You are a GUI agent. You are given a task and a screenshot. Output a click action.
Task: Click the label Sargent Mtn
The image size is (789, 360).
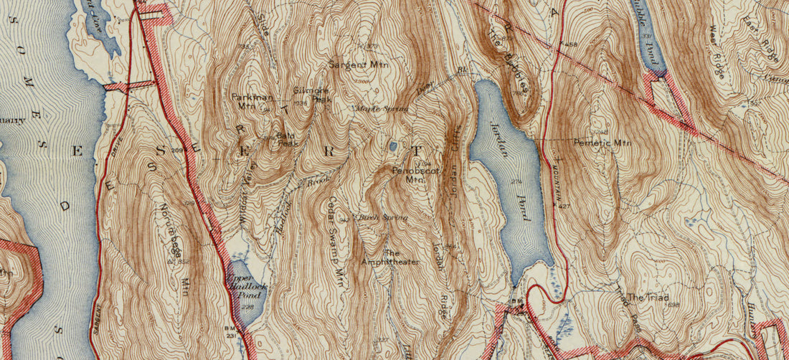(x=357, y=64)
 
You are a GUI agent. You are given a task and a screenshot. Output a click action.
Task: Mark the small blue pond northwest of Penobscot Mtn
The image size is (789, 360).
(x=392, y=146)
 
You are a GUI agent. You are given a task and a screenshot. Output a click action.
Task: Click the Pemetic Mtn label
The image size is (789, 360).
(x=602, y=143)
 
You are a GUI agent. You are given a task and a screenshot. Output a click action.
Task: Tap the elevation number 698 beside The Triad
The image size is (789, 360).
(x=673, y=305)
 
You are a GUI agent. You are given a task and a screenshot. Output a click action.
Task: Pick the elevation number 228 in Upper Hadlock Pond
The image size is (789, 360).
(x=248, y=308)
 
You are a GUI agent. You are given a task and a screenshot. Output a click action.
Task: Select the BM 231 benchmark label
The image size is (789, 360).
(x=231, y=330)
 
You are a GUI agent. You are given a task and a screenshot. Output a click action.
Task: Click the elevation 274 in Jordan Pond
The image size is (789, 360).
(x=516, y=182)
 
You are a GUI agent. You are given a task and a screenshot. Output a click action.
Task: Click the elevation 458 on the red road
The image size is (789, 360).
(x=571, y=45)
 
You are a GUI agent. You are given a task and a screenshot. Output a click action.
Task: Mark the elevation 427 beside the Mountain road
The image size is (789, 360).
(x=566, y=206)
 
